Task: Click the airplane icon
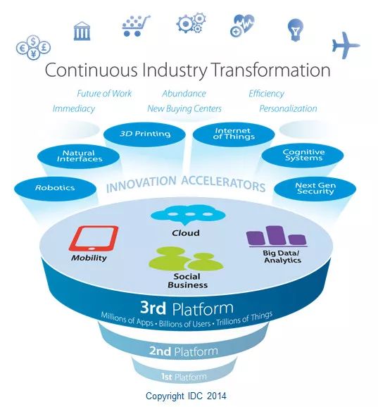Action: pyautogui.click(x=346, y=46)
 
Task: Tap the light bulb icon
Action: pyautogui.click(x=295, y=30)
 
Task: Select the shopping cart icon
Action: pyautogui.click(x=136, y=25)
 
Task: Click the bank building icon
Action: pyautogui.click(x=82, y=31)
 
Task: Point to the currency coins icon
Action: pyautogui.click(x=33, y=47)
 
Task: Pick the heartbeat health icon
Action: pyautogui.click(x=242, y=25)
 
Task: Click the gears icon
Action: pyautogui.click(x=191, y=23)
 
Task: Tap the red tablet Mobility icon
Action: pyautogui.click(x=94, y=239)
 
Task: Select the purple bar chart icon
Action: pyautogui.click(x=277, y=236)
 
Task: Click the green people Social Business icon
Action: pyautogui.click(x=186, y=258)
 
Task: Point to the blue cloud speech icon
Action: pyautogui.click(x=188, y=215)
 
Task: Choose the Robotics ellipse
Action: pyautogui.click(x=55, y=189)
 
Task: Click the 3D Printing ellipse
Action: pyautogui.click(x=144, y=134)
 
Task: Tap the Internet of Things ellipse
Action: pyautogui.click(x=234, y=134)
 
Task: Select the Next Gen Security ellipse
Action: pyautogui.click(x=315, y=189)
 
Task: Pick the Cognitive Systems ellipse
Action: pyautogui.click(x=303, y=155)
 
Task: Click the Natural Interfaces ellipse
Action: pyautogui.click(x=78, y=156)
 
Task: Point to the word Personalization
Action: pyautogui.click(x=288, y=108)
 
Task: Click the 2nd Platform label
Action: pyautogui.click(x=184, y=351)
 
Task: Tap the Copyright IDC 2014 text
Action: pyautogui.click(x=186, y=396)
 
